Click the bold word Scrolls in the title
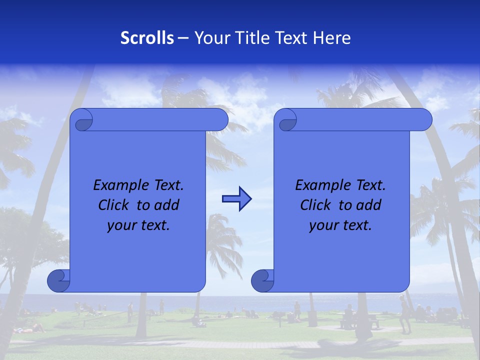pyautogui.click(x=147, y=38)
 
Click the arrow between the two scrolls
pyautogui.click(x=236, y=199)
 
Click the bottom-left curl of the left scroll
pyautogui.click(x=57, y=281)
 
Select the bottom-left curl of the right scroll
pyautogui.click(x=261, y=281)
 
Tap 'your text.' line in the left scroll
pyautogui.click(x=138, y=225)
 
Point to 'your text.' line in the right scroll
pyautogui.click(x=340, y=225)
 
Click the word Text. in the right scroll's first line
pyautogui.click(x=370, y=185)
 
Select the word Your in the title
pyautogui.click(x=208, y=38)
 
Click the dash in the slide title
pyautogui.click(x=183, y=38)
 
